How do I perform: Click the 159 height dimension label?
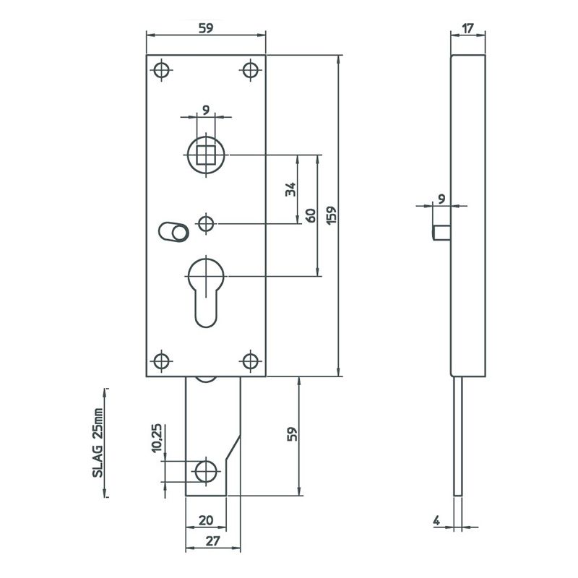[x=332, y=215]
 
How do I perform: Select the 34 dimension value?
[x=290, y=189]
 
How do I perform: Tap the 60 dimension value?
[x=311, y=215]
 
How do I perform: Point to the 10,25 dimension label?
[x=156, y=438]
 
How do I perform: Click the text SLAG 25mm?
[x=98, y=442]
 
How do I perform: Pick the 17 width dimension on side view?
[x=467, y=28]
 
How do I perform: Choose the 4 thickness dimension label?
[x=436, y=520]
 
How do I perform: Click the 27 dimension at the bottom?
[x=212, y=541]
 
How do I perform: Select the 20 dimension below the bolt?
[x=206, y=520]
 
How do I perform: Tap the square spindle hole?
[x=206, y=155]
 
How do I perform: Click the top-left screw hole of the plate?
[x=161, y=70]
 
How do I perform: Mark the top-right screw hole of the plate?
[x=251, y=70]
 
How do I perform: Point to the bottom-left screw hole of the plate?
[x=161, y=361]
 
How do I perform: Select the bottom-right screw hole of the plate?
[x=251, y=361]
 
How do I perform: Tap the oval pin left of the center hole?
[x=173, y=232]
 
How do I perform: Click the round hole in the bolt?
[x=206, y=472]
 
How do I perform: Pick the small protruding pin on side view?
[x=441, y=233]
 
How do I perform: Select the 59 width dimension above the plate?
[x=206, y=28]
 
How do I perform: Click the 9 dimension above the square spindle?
[x=206, y=110]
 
